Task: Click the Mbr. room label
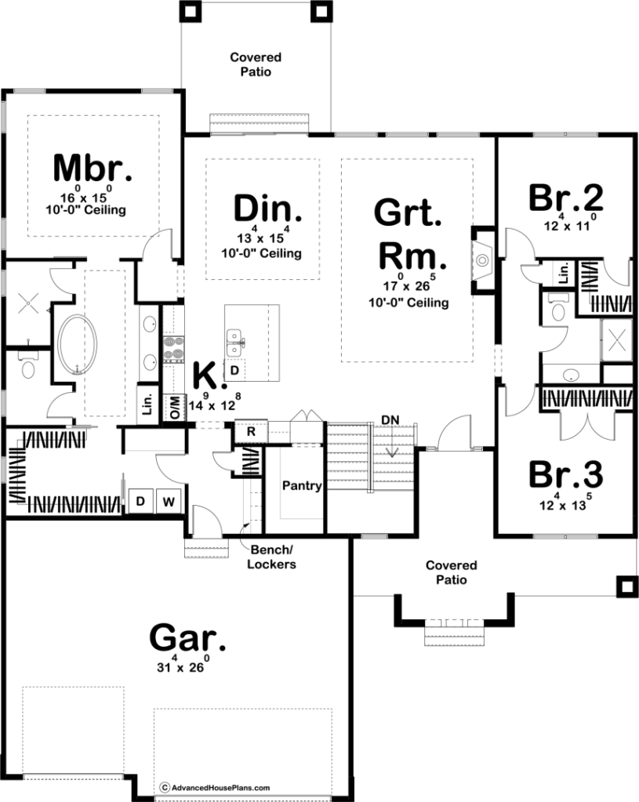[92, 168]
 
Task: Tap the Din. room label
[267, 209]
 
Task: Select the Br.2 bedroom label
[566, 198]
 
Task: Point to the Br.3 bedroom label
[566, 474]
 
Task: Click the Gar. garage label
[187, 637]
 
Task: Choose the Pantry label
[302, 485]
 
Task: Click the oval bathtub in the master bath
[78, 345]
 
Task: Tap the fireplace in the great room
[482, 260]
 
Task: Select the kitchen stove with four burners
[173, 350]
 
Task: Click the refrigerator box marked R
[251, 432]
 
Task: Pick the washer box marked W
[169, 502]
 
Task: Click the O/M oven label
[175, 408]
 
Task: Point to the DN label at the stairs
[390, 420]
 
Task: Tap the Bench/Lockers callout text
[271, 557]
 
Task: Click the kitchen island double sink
[235, 343]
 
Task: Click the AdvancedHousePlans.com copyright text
[216, 788]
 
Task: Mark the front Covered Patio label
[452, 572]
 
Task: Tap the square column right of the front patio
[626, 586]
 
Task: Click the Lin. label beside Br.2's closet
[564, 273]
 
